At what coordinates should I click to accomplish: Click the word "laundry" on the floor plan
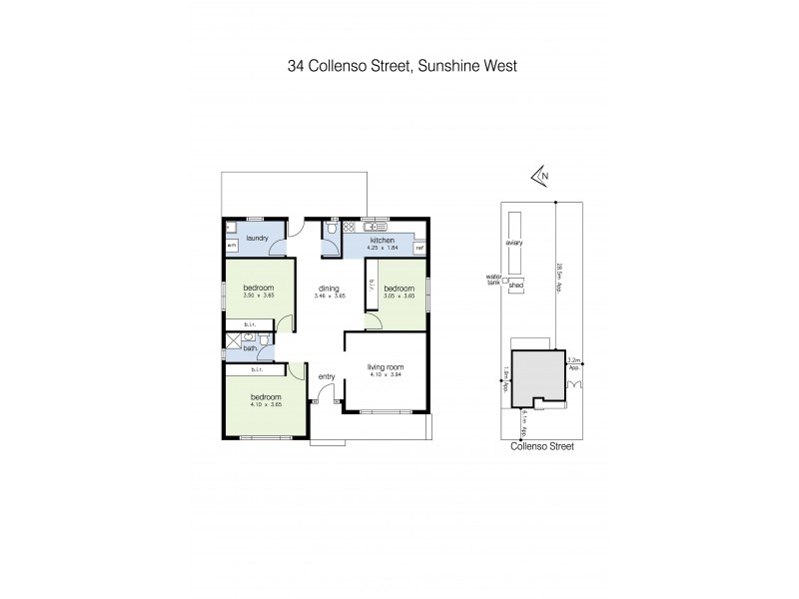pyautogui.click(x=257, y=237)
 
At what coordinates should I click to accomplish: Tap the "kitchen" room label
pyautogui.click(x=384, y=241)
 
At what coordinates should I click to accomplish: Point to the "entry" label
pyautogui.click(x=327, y=376)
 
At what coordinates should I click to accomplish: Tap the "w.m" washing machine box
pyautogui.click(x=231, y=245)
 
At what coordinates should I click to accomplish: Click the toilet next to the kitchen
pyautogui.click(x=329, y=232)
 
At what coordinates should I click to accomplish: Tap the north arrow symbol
pyautogui.click(x=541, y=178)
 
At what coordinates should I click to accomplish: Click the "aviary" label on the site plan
pyautogui.click(x=515, y=243)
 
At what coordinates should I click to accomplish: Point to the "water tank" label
pyautogui.click(x=492, y=278)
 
